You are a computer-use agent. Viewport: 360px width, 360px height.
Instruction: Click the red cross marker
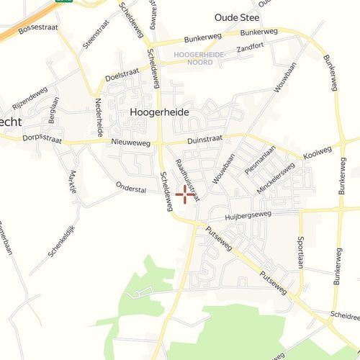(185, 194)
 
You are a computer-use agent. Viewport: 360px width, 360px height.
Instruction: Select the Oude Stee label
(237, 17)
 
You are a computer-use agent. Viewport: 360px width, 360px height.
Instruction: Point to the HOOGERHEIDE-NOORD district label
(199, 58)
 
